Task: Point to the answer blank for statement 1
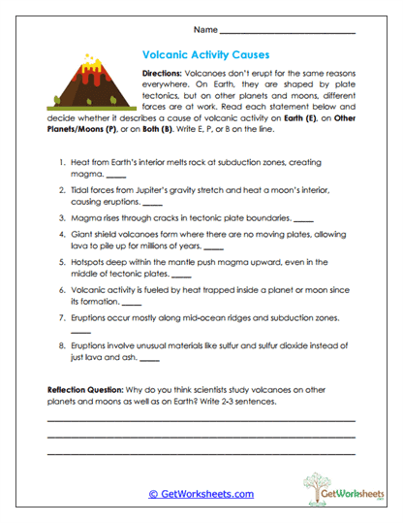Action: pyautogui.click(x=115, y=177)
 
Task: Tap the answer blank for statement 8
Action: pyautogui.click(x=148, y=361)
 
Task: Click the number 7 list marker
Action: pyautogui.click(x=61, y=318)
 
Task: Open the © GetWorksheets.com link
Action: pyautogui.click(x=201, y=493)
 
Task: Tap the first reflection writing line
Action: pyautogui.click(x=201, y=420)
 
